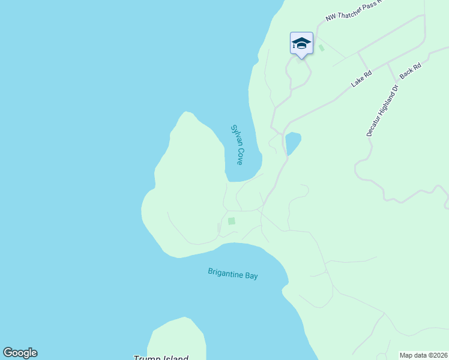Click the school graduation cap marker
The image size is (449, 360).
coord(301,44)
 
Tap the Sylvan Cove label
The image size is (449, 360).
coord(237,145)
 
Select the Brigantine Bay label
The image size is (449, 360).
coord(233,274)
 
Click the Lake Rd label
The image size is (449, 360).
coord(362,79)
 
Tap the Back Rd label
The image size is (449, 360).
coord(411,71)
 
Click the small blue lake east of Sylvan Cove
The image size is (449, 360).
coord(292,143)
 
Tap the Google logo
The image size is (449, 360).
coord(20,353)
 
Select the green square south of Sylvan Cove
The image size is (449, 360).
coord(232,221)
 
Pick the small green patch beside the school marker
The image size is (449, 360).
coord(321,47)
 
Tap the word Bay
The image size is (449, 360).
coord(252,275)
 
